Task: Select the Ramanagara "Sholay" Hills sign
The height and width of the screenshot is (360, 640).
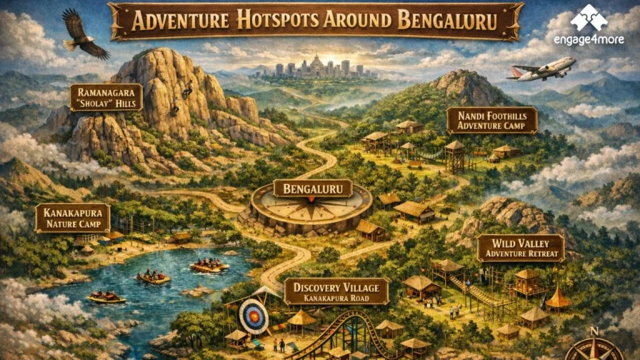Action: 106,97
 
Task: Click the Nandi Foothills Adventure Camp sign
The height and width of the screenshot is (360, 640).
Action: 492,120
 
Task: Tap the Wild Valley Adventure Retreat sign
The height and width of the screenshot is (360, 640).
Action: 521,248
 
